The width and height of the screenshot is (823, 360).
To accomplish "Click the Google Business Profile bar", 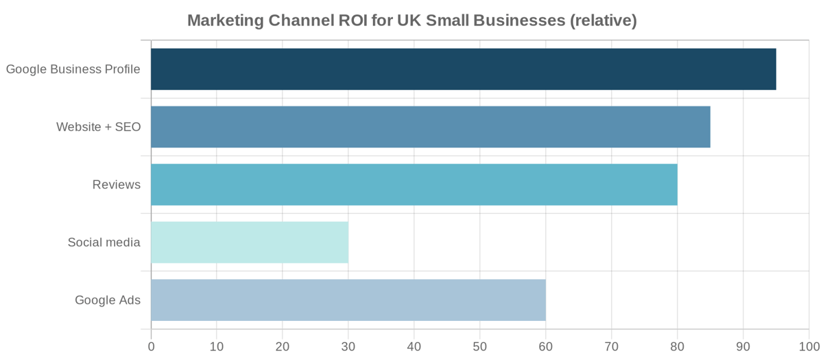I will (463, 69).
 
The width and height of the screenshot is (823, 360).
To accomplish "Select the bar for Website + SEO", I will (430, 127).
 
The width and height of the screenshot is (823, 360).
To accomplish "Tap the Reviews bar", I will (414, 184).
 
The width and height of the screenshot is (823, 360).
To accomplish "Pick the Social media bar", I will (250, 242).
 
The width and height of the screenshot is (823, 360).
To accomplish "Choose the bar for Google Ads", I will (348, 300).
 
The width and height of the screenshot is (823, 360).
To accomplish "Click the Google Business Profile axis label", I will (73, 69).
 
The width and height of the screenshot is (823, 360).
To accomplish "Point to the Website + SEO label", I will (98, 127).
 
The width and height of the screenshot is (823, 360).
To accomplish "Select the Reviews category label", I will (117, 184).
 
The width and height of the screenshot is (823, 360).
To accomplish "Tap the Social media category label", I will (104, 242).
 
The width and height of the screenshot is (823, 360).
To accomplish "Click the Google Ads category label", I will (108, 300).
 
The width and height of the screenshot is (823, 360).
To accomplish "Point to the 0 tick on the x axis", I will (151, 346).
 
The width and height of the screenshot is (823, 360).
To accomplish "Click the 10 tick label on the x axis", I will (217, 346).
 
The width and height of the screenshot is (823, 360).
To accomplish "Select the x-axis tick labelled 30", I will (348, 346).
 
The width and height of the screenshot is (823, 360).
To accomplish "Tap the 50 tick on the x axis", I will (480, 346).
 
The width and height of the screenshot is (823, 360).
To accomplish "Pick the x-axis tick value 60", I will (546, 346).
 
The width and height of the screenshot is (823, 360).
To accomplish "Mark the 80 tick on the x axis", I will (678, 346).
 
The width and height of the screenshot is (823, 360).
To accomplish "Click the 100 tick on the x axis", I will (808, 346).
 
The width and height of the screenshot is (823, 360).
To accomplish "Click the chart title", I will (411, 21).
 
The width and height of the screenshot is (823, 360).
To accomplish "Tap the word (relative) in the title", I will (603, 21).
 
